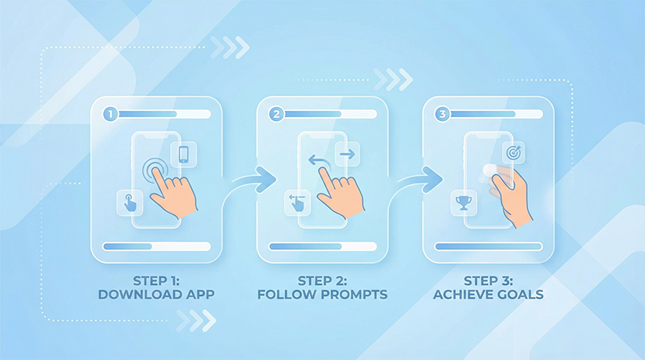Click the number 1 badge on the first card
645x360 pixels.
(110, 114)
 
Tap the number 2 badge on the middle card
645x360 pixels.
(276, 114)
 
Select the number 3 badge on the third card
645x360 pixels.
(443, 114)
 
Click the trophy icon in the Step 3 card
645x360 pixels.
(464, 202)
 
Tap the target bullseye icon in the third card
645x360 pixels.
(513, 152)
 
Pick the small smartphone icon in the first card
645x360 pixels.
(184, 155)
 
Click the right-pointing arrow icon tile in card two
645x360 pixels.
(347, 155)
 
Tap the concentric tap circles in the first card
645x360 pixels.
(155, 170)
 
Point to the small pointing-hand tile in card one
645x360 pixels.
(130, 203)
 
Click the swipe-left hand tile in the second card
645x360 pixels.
(298, 203)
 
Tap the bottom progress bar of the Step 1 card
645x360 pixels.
(157, 247)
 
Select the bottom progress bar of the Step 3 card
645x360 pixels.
(489, 247)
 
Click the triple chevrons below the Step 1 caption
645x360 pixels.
(196, 321)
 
